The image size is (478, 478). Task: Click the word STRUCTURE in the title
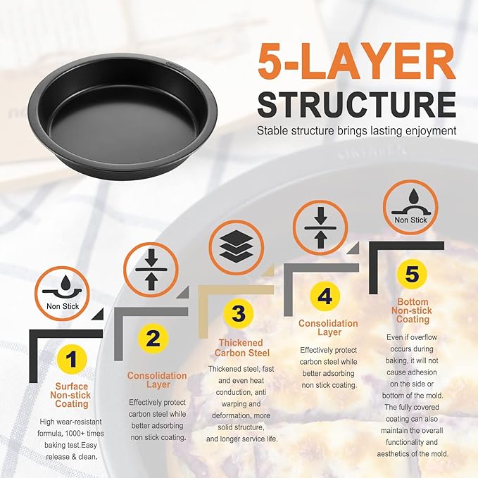pyautogui.click(x=357, y=105)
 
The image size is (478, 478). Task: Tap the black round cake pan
pyautogui.click(x=122, y=116)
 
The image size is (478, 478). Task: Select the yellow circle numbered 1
pyautogui.click(x=72, y=359)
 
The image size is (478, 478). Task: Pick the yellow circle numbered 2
pyautogui.click(x=153, y=339)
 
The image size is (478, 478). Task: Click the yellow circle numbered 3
pyautogui.click(x=239, y=313)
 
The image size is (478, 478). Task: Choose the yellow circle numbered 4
pyautogui.click(x=325, y=296)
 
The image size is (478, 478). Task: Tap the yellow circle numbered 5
pyautogui.click(x=412, y=274)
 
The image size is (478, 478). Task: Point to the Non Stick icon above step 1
pyautogui.click(x=62, y=294)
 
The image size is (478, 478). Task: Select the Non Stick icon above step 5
pyautogui.click(x=410, y=208)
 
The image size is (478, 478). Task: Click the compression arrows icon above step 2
pyautogui.click(x=151, y=270)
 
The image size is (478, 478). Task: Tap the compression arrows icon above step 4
pyautogui.click(x=320, y=227)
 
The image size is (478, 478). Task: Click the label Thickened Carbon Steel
pyautogui.click(x=241, y=348)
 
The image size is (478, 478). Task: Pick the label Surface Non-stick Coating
pyautogui.click(x=71, y=395)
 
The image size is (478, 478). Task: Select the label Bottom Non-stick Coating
pyautogui.click(x=412, y=310)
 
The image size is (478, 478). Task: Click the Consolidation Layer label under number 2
pyautogui.click(x=157, y=380)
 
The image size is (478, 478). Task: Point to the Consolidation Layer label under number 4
pyautogui.click(x=328, y=327)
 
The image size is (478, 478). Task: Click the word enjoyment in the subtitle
pyautogui.click(x=431, y=131)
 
